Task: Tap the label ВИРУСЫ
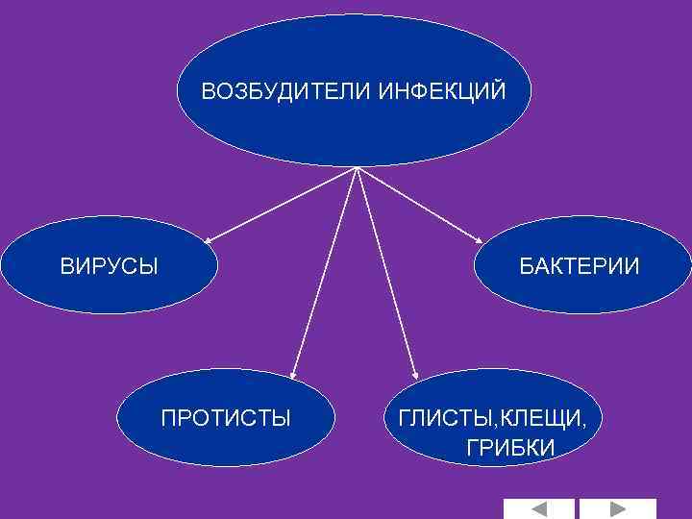[110, 265]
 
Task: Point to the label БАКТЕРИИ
[580, 265]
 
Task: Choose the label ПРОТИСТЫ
[226, 418]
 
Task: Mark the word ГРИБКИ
[510, 448]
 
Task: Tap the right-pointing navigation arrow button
[617, 508]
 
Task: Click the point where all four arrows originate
[358, 168]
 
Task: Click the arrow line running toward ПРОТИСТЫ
[326, 269]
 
